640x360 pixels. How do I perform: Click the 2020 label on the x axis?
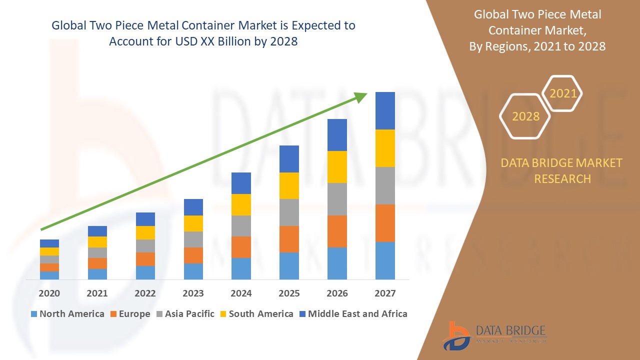(49, 293)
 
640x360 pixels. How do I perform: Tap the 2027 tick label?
(385, 293)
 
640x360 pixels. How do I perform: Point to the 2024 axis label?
(241, 293)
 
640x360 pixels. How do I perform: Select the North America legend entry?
(67, 314)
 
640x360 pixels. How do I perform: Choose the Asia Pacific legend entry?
(185, 314)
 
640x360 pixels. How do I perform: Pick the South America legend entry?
(256, 314)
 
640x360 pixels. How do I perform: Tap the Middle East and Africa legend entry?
(353, 314)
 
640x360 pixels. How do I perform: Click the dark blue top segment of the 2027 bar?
(385, 110)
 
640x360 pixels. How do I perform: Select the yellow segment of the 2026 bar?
(337, 166)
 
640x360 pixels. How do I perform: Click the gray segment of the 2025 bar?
(289, 212)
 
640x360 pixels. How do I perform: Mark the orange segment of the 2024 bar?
(241, 247)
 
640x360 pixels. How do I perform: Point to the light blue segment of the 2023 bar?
(193, 271)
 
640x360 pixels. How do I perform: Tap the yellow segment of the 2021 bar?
(97, 242)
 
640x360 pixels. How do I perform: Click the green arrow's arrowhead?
(360, 97)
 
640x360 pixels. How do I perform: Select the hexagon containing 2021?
(562, 93)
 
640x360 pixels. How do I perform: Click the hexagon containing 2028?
(525, 116)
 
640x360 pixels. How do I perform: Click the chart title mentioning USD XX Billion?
(203, 33)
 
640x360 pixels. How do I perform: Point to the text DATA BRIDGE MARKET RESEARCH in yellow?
(562, 170)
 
